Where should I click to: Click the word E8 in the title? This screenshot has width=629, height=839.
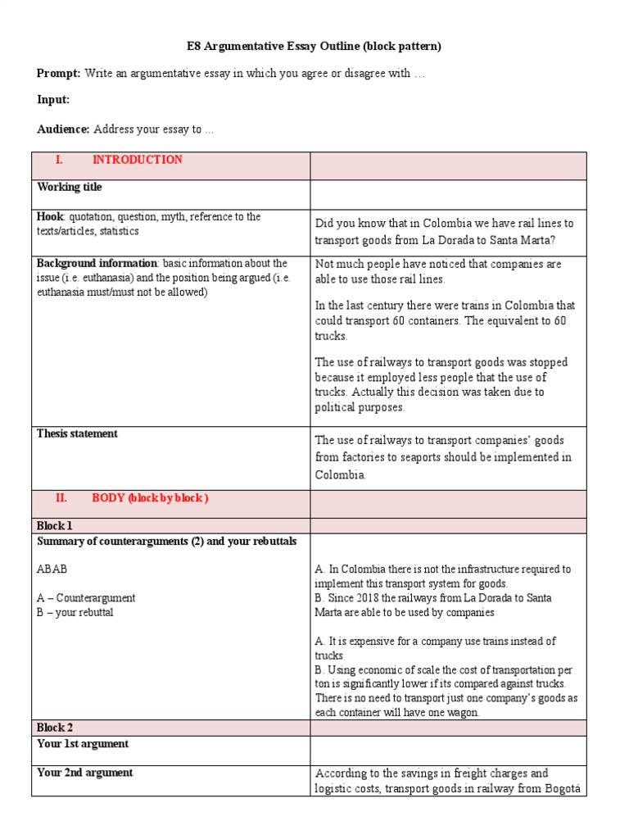(188, 47)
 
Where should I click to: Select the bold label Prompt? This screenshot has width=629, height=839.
(58, 74)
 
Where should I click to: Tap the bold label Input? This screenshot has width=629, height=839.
(53, 100)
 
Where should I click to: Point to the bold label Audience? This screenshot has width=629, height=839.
(63, 129)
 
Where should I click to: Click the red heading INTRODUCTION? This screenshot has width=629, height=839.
(137, 160)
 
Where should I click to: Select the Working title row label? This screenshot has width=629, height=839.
(70, 188)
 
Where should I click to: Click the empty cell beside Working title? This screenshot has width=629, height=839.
(448, 195)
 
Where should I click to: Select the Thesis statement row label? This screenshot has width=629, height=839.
(77, 434)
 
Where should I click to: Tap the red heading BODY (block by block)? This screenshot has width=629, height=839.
(150, 498)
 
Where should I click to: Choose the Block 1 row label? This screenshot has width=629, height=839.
(55, 526)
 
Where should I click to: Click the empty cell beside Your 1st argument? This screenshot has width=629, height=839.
(448, 751)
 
